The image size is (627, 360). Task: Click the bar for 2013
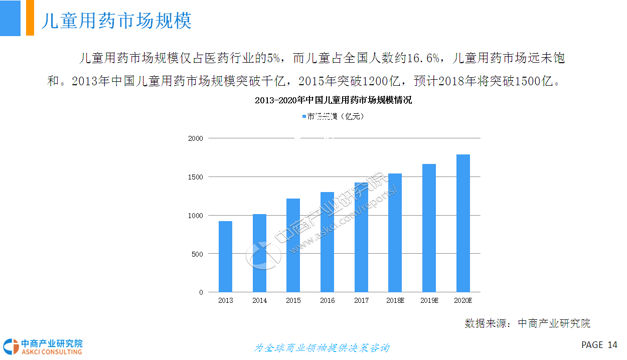click(225, 257)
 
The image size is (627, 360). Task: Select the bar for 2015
click(293, 245)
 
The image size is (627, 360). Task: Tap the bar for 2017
click(361, 237)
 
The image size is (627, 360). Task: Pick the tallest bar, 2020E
click(463, 223)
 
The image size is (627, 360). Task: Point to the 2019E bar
click(429, 228)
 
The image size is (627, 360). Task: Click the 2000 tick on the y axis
click(196, 138)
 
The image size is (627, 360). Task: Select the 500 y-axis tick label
click(198, 254)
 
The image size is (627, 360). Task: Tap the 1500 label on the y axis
click(196, 177)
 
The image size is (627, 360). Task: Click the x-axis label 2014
click(259, 301)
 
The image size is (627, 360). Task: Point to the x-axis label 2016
click(327, 301)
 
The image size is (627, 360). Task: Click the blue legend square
click(304, 117)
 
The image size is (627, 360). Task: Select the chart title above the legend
click(333, 100)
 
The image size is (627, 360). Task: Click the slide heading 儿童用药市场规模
click(116, 22)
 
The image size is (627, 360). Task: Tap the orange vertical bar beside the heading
click(30, 18)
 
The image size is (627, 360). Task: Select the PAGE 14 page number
click(599, 345)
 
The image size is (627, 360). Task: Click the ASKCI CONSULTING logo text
click(51, 352)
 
